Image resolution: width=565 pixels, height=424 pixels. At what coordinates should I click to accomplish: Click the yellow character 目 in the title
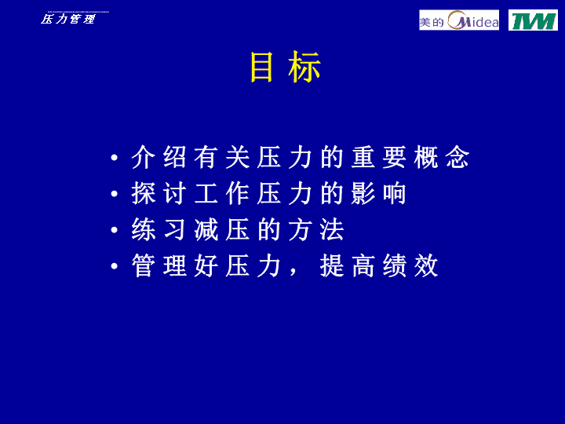pyautogui.click(x=261, y=67)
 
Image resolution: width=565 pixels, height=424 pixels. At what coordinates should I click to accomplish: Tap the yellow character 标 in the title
pyautogui.click(x=304, y=67)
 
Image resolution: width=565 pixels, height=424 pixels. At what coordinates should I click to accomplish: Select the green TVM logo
pyautogui.click(x=533, y=20)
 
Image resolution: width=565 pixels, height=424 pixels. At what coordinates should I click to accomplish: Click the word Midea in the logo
pyautogui.click(x=473, y=20)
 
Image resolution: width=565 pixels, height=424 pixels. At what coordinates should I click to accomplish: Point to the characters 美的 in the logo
pyautogui.click(x=432, y=23)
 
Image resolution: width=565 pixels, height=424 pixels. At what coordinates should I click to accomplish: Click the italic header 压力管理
pyautogui.click(x=67, y=19)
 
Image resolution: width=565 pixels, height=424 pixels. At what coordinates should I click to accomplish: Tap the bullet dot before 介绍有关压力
pyautogui.click(x=115, y=158)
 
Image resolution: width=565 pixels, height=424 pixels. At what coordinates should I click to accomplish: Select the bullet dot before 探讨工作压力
pyautogui.click(x=115, y=194)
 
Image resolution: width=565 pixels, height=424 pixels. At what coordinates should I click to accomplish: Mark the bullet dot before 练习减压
pyautogui.click(x=115, y=229)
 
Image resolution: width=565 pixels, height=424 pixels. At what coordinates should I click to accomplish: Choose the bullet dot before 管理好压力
pyautogui.click(x=115, y=266)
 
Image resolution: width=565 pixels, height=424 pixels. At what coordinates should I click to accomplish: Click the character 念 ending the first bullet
pyautogui.click(x=457, y=157)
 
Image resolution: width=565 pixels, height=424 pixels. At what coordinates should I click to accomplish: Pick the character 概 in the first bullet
pyautogui.click(x=426, y=157)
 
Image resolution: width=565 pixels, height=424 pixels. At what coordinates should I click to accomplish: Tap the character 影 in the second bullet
pyautogui.click(x=363, y=194)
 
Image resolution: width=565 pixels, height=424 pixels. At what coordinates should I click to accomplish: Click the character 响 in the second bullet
pyautogui.click(x=395, y=194)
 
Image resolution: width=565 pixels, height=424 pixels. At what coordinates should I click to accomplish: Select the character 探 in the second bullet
pyautogui.click(x=144, y=194)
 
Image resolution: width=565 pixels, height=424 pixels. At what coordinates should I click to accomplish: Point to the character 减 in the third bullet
pyautogui.click(x=206, y=229)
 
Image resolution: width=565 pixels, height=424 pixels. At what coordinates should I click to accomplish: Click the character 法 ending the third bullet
pyautogui.click(x=332, y=229)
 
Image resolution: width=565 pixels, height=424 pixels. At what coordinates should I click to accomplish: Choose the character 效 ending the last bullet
pyautogui.click(x=426, y=265)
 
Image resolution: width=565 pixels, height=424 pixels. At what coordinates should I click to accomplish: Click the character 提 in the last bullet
pyautogui.click(x=332, y=265)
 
